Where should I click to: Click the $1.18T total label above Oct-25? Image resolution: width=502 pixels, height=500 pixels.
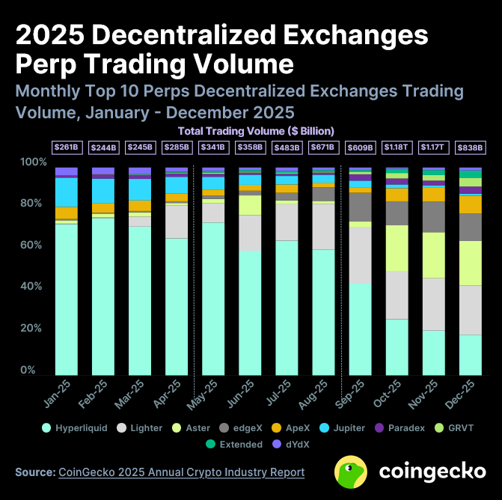point(397,147)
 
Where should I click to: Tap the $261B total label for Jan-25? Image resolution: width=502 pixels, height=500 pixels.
point(66,147)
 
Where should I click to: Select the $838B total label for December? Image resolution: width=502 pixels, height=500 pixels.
point(470,147)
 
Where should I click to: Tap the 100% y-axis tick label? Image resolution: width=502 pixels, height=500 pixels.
point(31,162)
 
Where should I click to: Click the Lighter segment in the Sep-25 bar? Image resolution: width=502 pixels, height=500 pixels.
point(360,255)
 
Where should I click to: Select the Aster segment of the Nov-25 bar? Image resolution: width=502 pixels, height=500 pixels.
point(433,254)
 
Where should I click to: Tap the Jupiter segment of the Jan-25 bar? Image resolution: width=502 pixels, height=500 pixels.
point(66,192)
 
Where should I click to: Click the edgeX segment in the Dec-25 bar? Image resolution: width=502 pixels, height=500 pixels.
point(470,227)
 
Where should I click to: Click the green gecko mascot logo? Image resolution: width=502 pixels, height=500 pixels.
point(351,472)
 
